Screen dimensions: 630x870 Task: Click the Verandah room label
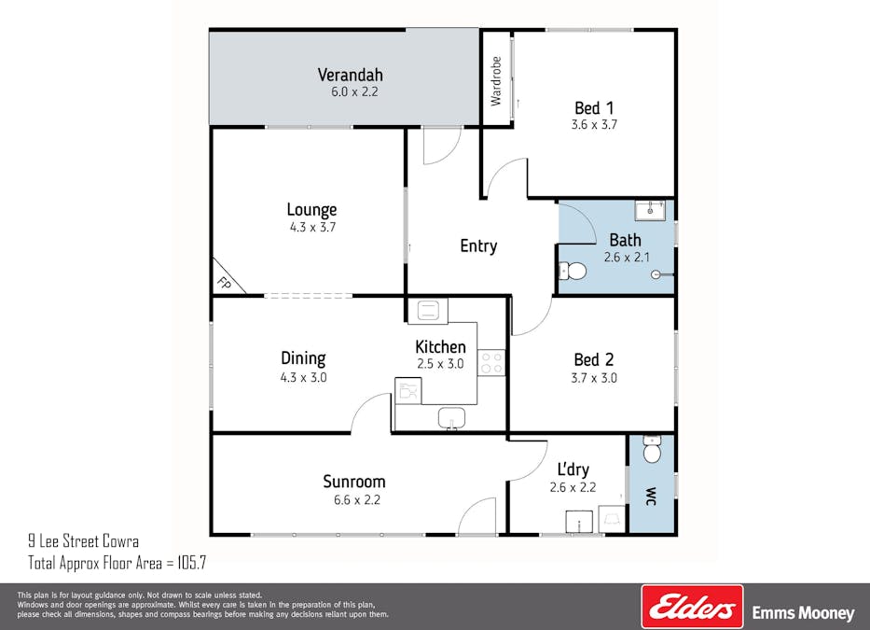click(x=350, y=75)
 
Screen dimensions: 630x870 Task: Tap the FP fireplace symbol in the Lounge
click(x=224, y=281)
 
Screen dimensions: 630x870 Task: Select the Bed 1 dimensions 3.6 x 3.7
click(x=594, y=124)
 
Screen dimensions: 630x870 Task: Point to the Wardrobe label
click(x=496, y=80)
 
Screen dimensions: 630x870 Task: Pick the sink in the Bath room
click(x=649, y=209)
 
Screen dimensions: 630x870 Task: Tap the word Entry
click(x=478, y=246)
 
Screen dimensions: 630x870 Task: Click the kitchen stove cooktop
click(x=491, y=362)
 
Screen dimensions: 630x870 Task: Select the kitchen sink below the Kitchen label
click(x=452, y=418)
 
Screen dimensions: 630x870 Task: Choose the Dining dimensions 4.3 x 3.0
click(x=303, y=378)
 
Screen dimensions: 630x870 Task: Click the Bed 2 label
click(x=594, y=359)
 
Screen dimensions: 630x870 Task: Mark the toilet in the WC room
click(x=652, y=452)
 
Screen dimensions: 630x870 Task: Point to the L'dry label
click(x=573, y=469)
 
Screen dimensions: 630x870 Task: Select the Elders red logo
click(x=692, y=607)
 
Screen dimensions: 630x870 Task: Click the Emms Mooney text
click(x=803, y=613)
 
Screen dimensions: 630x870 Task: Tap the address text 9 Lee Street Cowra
click(x=84, y=540)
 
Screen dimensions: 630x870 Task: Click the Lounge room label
click(x=311, y=210)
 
